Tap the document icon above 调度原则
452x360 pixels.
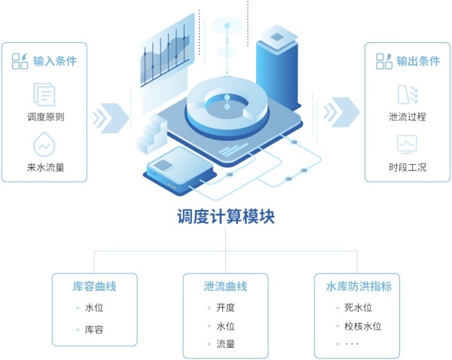pyautogui.click(x=44, y=95)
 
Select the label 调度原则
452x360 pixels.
pyautogui.click(x=44, y=117)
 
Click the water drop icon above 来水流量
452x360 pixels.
pyautogui.click(x=44, y=145)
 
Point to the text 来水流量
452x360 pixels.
pyautogui.click(x=44, y=167)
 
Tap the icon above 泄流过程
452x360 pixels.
pyautogui.click(x=408, y=95)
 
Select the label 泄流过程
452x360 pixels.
pyautogui.click(x=408, y=117)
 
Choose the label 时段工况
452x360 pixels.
pyautogui.click(x=408, y=167)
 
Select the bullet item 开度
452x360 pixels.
pyautogui.click(x=226, y=307)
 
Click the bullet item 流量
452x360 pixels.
pyautogui.click(x=226, y=344)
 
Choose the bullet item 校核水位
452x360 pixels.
pyautogui.click(x=363, y=326)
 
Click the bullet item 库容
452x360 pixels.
pyautogui.click(x=95, y=329)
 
